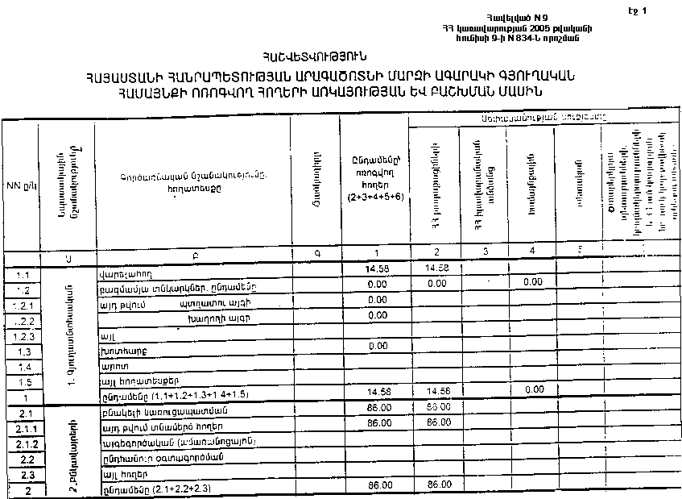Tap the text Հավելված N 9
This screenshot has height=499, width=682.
coord(513,17)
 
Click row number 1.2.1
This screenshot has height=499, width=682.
coord(23,306)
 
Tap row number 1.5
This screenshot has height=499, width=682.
coord(23,383)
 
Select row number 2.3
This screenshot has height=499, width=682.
coord(23,474)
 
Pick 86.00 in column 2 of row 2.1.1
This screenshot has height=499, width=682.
coord(436,422)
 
